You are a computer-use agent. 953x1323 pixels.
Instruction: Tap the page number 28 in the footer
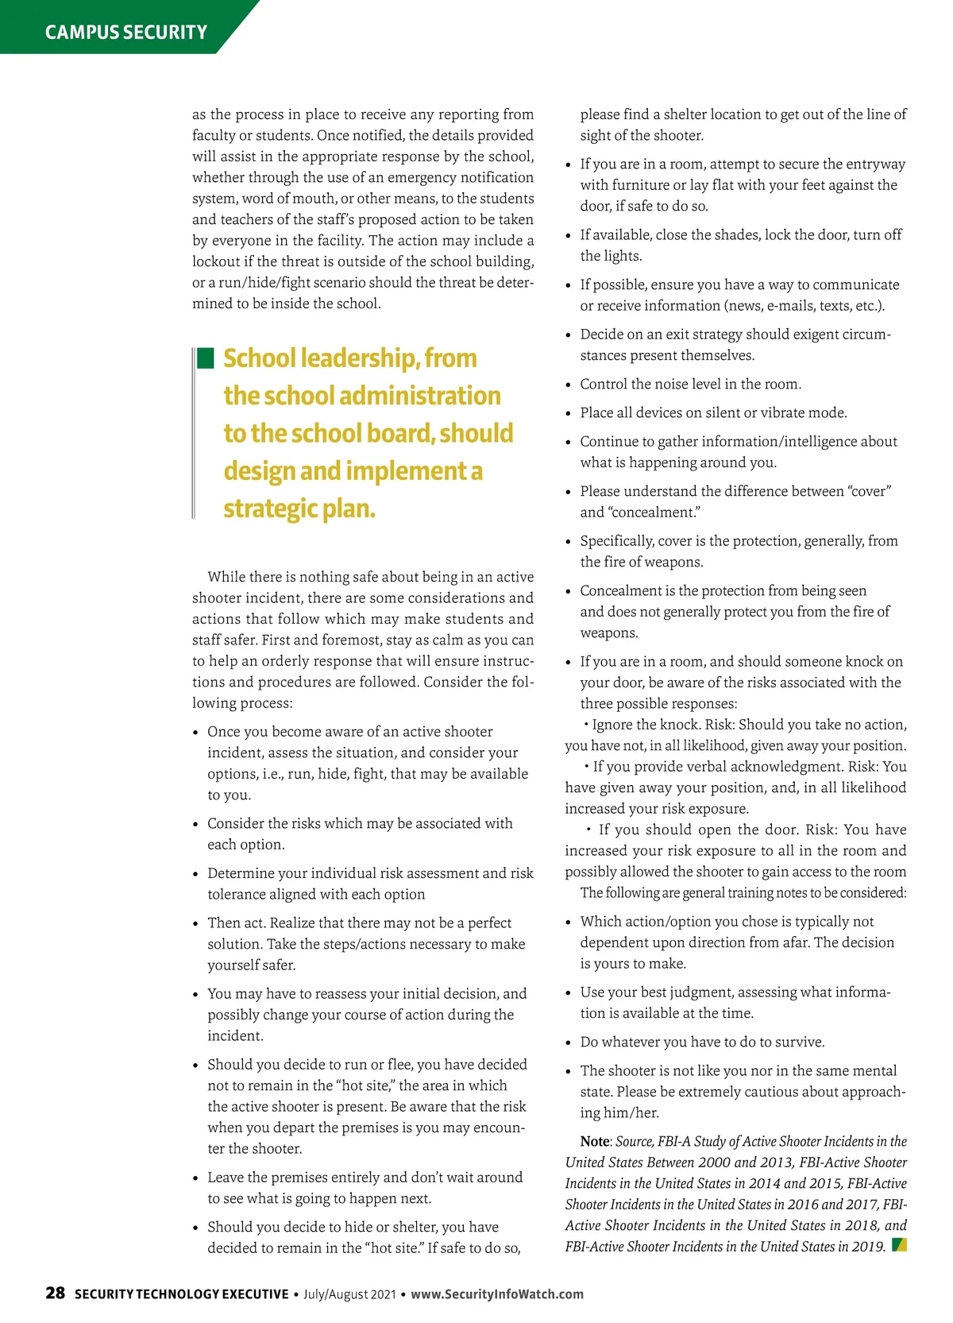click(x=55, y=1293)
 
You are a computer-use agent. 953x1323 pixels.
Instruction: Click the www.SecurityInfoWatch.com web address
click(x=497, y=1294)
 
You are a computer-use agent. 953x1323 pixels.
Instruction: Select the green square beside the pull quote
click(x=206, y=358)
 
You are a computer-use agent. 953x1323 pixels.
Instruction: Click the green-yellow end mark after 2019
click(x=899, y=1244)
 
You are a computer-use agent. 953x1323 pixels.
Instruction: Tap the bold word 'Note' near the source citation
click(x=594, y=1142)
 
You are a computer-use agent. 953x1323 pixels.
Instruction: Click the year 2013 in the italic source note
click(x=770, y=1162)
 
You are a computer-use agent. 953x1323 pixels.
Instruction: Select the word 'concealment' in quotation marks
click(x=654, y=513)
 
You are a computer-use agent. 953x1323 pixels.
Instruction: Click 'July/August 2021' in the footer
click(x=349, y=1294)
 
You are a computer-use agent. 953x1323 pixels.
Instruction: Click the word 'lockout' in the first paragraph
click(x=215, y=261)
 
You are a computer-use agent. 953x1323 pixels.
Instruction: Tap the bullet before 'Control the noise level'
click(x=568, y=385)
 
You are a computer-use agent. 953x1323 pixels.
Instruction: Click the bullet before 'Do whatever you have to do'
click(x=568, y=1043)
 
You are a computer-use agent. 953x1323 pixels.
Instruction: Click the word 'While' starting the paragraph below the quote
click(x=225, y=577)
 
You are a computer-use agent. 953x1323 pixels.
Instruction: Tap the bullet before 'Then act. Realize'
click(x=195, y=924)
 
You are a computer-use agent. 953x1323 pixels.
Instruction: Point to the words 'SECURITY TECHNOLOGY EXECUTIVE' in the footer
click(x=181, y=1294)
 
